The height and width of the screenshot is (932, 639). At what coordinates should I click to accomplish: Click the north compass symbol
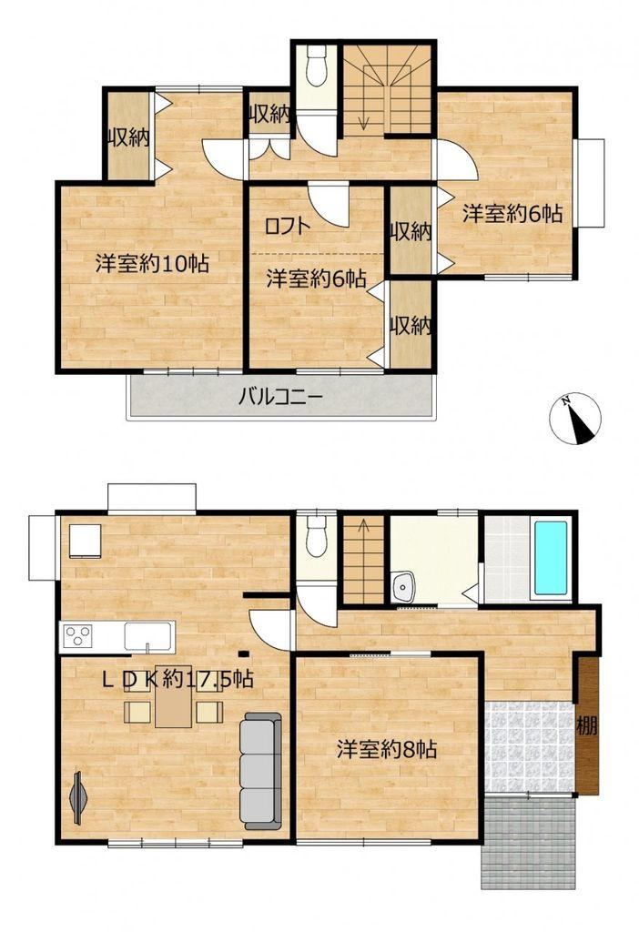point(574,419)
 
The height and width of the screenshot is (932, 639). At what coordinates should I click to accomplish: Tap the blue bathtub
point(551,558)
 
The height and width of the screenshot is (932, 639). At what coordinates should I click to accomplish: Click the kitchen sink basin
point(148,637)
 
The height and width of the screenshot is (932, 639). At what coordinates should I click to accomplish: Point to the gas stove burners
point(78,636)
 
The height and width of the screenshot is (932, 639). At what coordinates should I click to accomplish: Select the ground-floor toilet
point(316,535)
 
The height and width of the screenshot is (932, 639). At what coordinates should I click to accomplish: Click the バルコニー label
point(280,397)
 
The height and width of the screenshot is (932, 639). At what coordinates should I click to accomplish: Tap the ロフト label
point(287,226)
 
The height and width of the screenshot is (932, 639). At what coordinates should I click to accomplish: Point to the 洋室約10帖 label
point(152,263)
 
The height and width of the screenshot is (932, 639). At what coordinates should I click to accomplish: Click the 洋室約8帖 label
point(387,750)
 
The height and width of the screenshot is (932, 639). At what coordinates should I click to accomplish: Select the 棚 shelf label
point(587,725)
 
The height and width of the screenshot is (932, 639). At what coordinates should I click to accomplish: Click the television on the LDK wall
point(78,798)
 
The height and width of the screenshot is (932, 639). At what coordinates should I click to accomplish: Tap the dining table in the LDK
point(174,696)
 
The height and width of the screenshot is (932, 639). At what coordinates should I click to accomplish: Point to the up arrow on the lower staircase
point(363,531)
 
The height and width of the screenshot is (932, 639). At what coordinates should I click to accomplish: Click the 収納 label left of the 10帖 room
point(127,138)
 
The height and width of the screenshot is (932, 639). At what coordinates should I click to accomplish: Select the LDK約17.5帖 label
point(177,679)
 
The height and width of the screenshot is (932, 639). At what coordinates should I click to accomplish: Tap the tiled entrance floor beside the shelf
point(529,747)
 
